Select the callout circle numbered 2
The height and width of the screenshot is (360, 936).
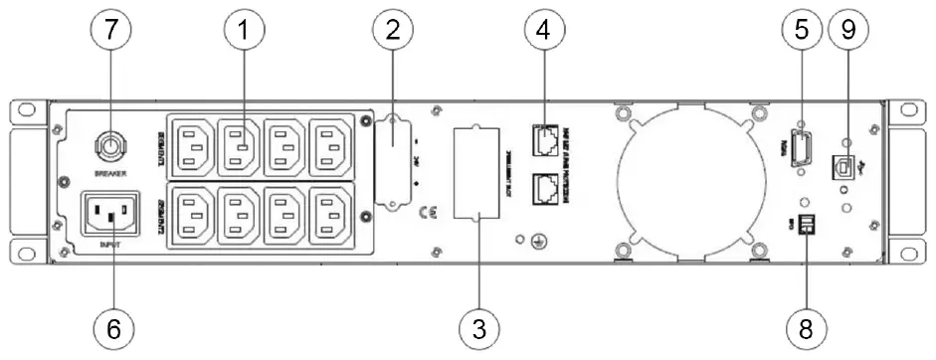click(x=393, y=30)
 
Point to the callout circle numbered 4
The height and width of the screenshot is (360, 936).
click(x=542, y=30)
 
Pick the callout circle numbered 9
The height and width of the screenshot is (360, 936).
click(x=847, y=30)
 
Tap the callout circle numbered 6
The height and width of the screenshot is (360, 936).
click(x=112, y=327)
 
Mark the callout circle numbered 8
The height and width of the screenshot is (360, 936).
click(x=803, y=327)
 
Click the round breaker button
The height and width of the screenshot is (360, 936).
click(x=106, y=147)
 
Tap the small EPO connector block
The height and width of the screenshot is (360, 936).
click(x=803, y=226)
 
